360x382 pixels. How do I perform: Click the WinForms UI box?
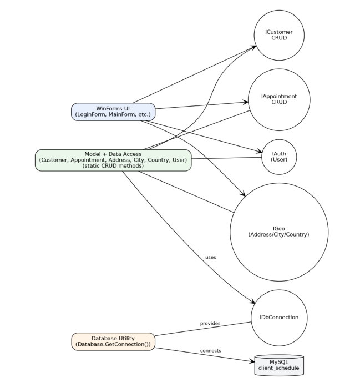click(113, 111)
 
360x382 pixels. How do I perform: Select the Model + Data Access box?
click(113, 160)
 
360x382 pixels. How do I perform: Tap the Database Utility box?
click(113, 341)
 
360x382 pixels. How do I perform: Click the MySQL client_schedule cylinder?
click(279, 364)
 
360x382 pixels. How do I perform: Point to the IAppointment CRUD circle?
click(279, 100)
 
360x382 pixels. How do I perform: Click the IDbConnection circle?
click(279, 318)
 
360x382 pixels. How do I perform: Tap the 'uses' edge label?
click(210, 257)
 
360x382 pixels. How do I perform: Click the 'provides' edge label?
click(210, 323)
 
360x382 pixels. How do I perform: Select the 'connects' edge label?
click(210, 350)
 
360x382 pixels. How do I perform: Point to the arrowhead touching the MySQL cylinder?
click(251, 361)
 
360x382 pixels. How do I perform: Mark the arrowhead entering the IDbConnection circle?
click(252, 301)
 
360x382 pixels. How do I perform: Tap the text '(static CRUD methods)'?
click(113, 166)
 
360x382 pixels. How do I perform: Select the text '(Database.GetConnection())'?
click(113, 345)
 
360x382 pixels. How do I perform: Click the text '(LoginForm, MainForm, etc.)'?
click(113, 115)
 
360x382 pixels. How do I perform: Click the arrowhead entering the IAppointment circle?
click(245, 102)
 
